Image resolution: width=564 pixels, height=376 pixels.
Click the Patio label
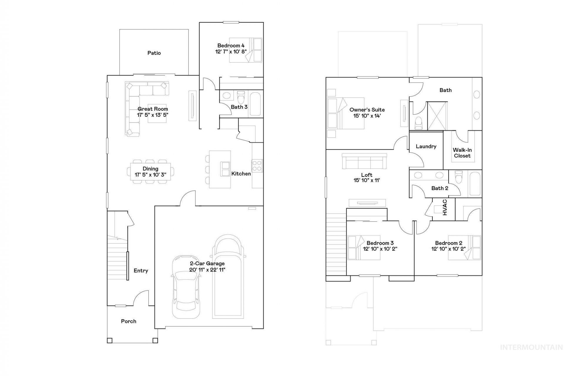(154, 53)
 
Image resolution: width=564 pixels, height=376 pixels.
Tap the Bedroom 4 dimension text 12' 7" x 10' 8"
(231, 51)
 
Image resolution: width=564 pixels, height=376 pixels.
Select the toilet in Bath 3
(241, 97)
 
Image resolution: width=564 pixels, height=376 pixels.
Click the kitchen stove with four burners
(257, 165)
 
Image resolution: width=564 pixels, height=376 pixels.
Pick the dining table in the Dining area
(150, 172)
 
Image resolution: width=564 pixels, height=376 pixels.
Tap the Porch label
(129, 321)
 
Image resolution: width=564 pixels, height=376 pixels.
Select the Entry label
(141, 271)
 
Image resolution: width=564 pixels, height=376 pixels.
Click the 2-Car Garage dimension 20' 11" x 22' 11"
(207, 270)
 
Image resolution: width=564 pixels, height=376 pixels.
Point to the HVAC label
(445, 207)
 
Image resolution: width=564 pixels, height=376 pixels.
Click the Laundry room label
(426, 146)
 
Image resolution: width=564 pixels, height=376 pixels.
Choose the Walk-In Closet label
(462, 153)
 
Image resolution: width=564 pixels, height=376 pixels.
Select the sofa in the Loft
(364, 161)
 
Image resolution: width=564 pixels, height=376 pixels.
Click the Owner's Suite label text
(367, 110)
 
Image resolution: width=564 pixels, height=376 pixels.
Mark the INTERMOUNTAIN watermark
(531, 348)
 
